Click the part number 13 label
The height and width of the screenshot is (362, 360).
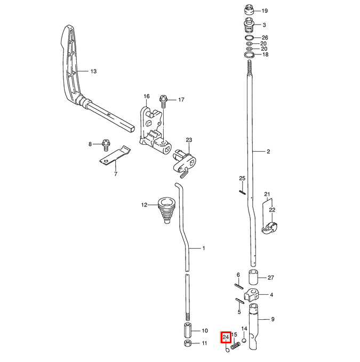(x=93, y=71)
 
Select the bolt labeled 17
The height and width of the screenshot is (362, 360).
(x=163, y=100)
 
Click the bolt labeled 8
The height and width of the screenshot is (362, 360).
(x=106, y=143)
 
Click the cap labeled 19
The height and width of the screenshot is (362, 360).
(x=248, y=11)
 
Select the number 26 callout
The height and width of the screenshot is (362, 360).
(x=265, y=37)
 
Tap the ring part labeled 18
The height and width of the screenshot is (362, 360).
(x=249, y=54)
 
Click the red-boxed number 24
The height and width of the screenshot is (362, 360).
(x=226, y=337)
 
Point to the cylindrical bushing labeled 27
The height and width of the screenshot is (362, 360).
(x=254, y=278)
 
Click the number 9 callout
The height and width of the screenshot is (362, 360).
(x=273, y=319)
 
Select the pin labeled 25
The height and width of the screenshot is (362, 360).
(x=242, y=186)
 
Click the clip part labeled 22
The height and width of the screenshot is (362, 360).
(x=270, y=227)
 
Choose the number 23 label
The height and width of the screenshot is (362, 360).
(x=189, y=140)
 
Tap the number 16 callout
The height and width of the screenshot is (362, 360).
(x=147, y=97)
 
